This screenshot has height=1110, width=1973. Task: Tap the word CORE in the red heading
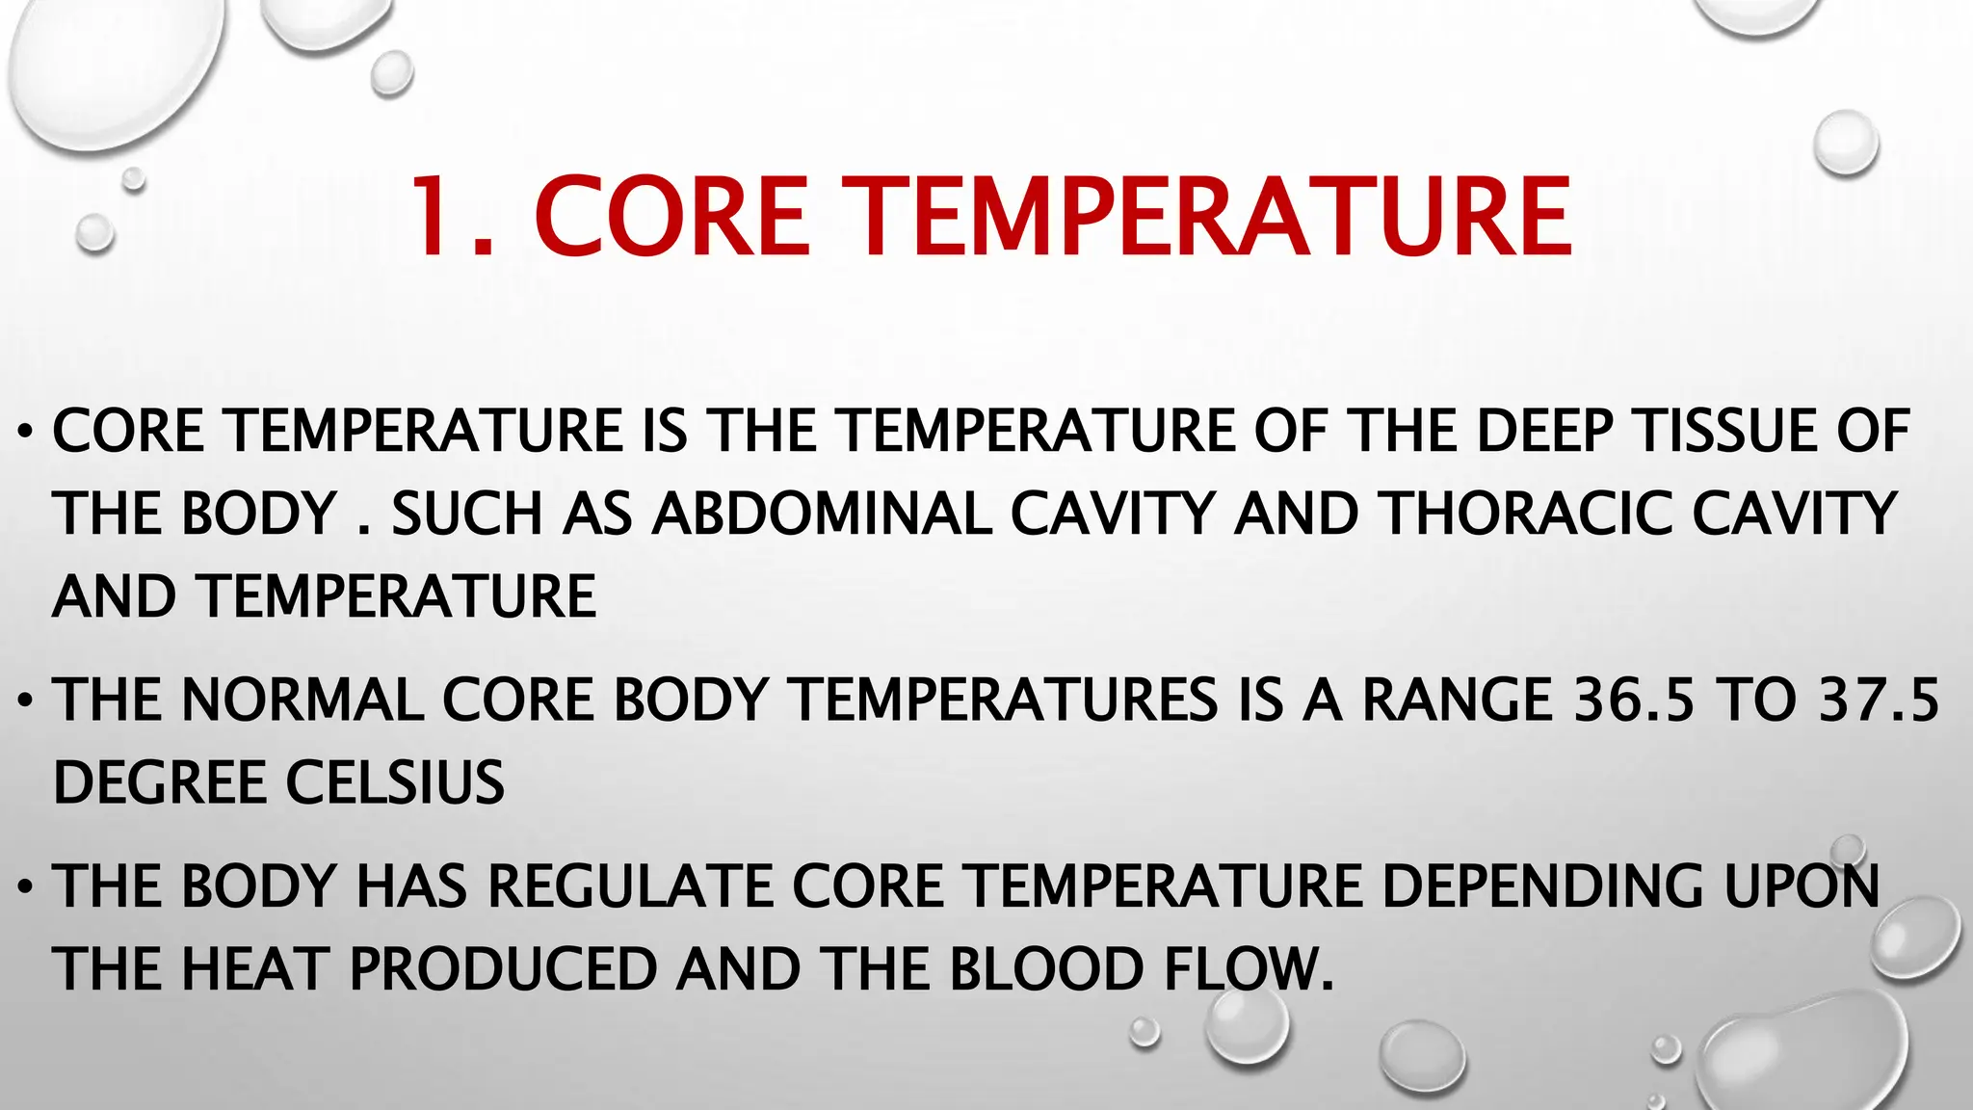(671, 217)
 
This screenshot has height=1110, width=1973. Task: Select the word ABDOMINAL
(822, 514)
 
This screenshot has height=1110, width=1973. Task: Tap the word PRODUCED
(503, 969)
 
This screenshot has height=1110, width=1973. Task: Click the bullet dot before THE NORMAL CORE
(26, 700)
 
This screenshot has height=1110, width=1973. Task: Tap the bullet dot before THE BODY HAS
(26, 886)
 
